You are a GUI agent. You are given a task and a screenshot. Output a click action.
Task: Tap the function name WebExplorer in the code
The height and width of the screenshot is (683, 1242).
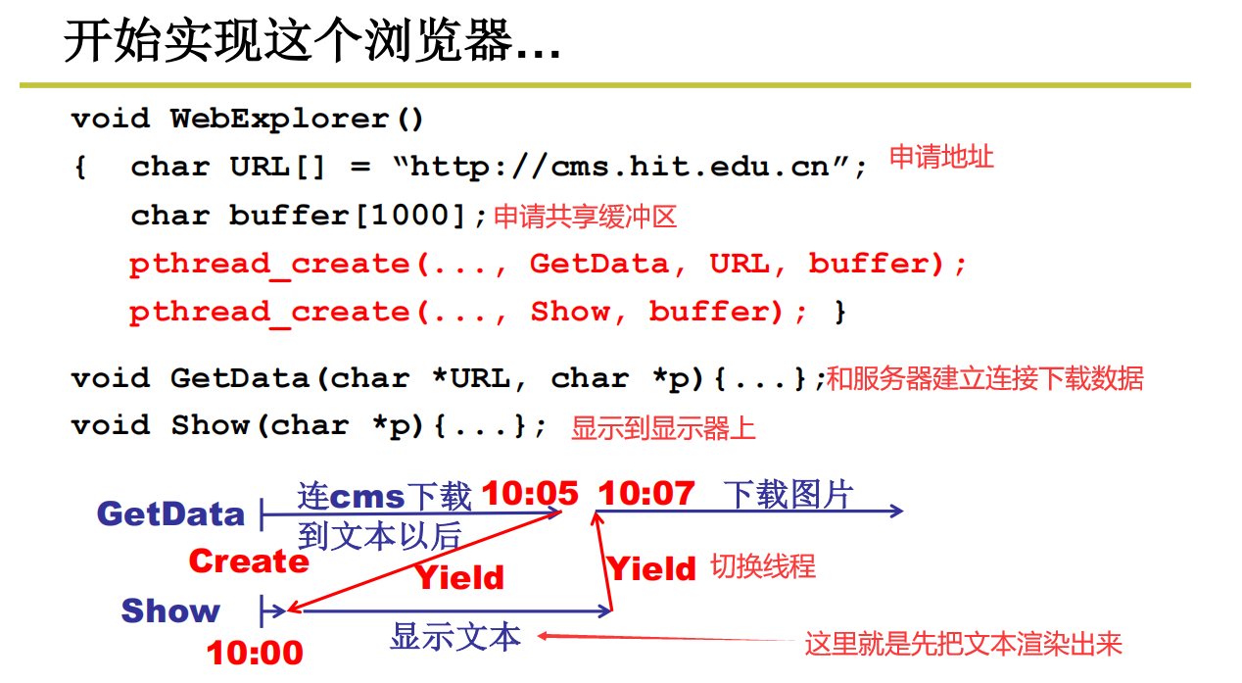tap(279, 120)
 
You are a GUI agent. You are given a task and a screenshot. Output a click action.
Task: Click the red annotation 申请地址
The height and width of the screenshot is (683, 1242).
tap(941, 157)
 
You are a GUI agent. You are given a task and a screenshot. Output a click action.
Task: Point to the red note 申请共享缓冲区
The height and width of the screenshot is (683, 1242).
tap(585, 217)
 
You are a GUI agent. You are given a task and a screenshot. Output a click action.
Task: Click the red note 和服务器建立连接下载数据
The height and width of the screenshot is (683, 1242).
tap(984, 378)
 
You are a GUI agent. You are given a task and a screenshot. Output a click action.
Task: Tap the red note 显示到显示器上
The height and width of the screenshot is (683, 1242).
tap(663, 428)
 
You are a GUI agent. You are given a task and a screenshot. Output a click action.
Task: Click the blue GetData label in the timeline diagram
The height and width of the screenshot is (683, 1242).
tap(170, 513)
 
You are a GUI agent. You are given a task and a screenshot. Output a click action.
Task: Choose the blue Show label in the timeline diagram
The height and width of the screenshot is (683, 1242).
tap(170, 610)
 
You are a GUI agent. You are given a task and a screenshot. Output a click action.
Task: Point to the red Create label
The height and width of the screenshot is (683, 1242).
tap(249, 561)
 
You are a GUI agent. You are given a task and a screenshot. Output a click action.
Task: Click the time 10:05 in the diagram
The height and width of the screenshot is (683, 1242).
tap(530, 493)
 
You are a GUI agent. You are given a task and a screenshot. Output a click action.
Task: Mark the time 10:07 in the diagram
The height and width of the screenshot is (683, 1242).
tap(646, 493)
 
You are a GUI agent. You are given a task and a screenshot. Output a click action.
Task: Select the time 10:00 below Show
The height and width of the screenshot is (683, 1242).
tap(255, 653)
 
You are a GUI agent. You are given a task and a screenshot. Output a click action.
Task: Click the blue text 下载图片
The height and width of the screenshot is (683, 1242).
tap(788, 495)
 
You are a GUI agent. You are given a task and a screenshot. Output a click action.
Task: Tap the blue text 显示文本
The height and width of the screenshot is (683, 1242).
tap(454, 637)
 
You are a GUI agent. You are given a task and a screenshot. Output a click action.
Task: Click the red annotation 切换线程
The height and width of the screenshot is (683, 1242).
tap(762, 566)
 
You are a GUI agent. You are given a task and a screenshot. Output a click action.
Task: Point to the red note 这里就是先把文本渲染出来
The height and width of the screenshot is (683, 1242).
tap(963, 644)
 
